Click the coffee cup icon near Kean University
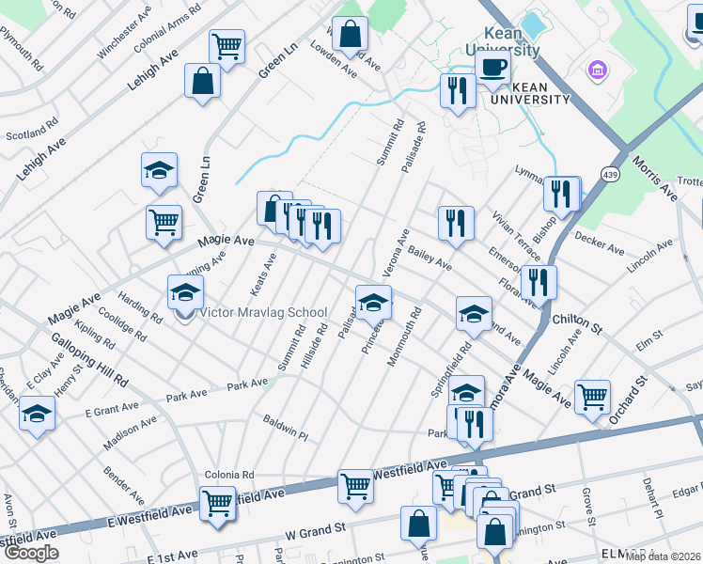(492, 68)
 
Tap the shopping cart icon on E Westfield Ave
(217, 503)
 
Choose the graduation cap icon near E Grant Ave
(37, 412)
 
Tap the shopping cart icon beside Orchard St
(592, 396)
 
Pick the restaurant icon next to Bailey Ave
(456, 223)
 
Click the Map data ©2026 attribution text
(663, 556)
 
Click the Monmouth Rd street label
(405, 334)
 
